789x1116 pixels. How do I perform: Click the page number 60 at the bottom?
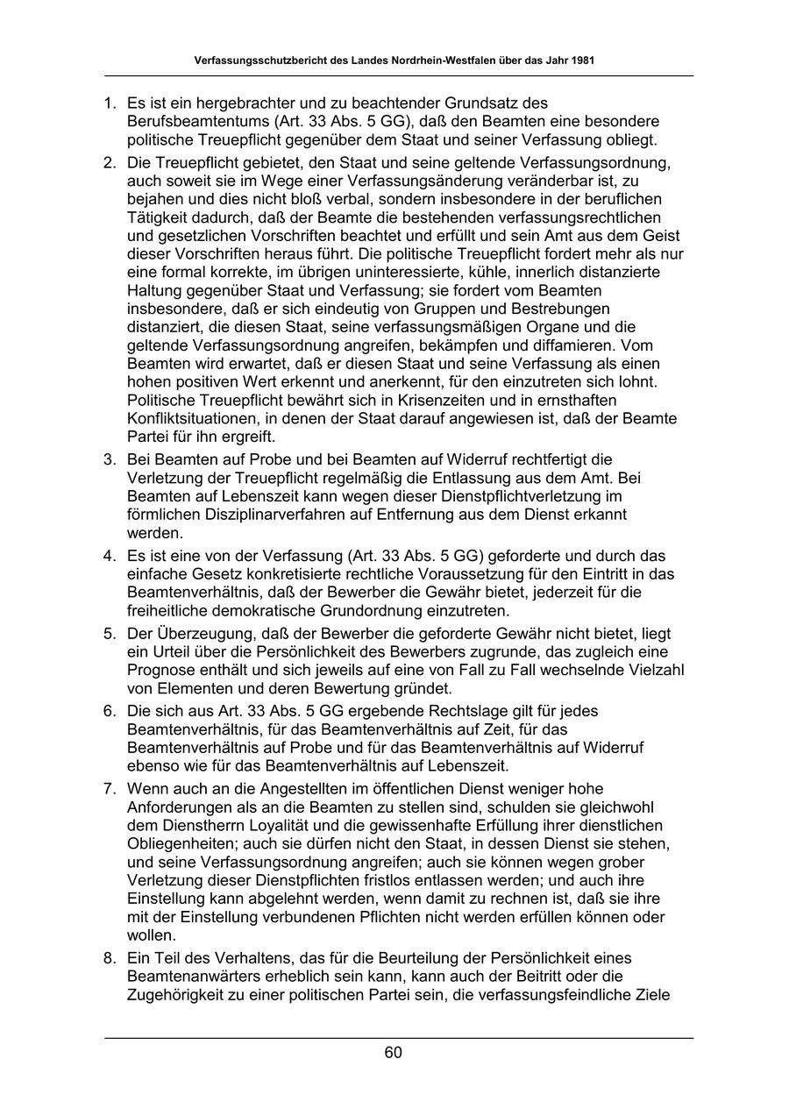point(393,1053)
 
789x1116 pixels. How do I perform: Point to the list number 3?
point(110,459)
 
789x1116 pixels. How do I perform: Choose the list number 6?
point(110,710)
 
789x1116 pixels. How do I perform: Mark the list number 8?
point(110,957)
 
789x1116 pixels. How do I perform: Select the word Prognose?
point(161,670)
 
